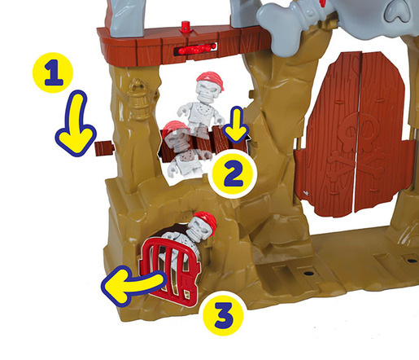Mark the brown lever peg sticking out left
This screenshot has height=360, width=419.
pos(103,147)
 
